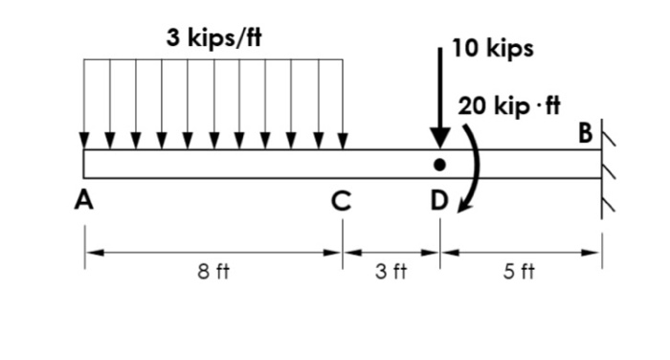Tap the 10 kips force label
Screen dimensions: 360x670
492,49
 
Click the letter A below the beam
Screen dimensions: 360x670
87,201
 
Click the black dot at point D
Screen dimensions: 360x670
439,165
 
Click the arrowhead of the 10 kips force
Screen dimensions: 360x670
439,138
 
